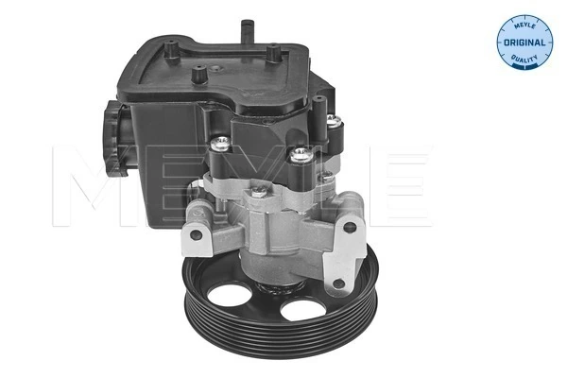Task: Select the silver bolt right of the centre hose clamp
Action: (301, 156)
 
